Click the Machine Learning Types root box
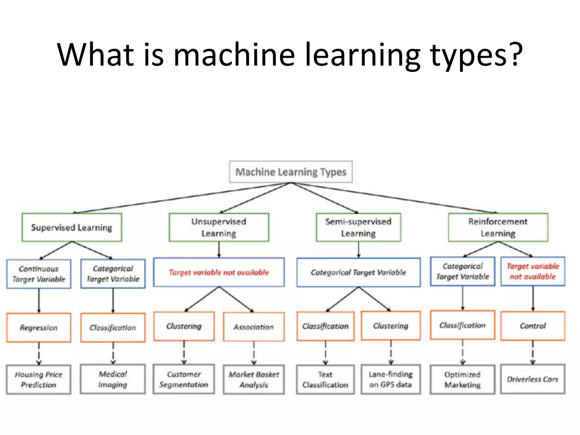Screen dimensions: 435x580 [291, 172]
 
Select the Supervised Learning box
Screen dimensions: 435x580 [72, 227]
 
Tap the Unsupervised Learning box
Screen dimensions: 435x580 [219, 227]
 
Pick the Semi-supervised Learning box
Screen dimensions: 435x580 [358, 227]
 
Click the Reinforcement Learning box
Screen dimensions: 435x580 [498, 227]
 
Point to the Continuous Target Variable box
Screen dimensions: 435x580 [39, 274]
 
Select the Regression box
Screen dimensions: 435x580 [39, 328]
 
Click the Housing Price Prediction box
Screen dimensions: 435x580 [39, 379]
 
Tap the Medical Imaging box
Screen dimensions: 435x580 [113, 379]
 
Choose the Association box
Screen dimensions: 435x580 [254, 327]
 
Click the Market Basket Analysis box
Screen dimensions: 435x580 [254, 379]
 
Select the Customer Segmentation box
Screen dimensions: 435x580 [184, 379]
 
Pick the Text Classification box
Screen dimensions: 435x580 [325, 379]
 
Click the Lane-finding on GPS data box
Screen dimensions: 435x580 [391, 379]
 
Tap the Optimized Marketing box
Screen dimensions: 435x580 [462, 379]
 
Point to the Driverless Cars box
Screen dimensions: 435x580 [532, 379]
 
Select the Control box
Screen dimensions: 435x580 [532, 326]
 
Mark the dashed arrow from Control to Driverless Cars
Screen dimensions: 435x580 [533, 352]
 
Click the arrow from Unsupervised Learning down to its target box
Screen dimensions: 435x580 [219, 250]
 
